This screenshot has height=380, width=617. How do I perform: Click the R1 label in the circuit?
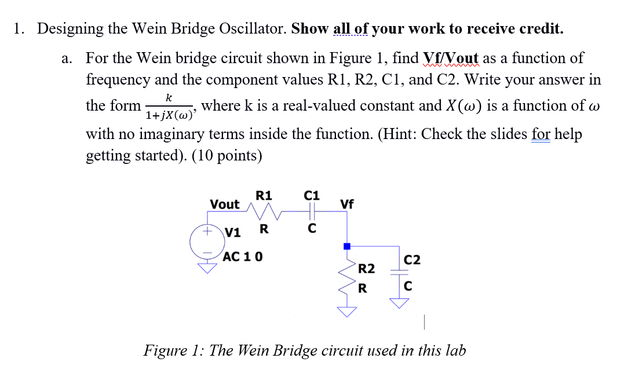(x=264, y=195)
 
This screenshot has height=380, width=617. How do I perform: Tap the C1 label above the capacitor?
(x=312, y=195)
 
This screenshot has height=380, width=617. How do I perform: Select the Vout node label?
(x=225, y=204)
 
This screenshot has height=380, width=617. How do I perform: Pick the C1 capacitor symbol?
(x=312, y=212)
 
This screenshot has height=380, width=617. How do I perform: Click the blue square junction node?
(x=347, y=246)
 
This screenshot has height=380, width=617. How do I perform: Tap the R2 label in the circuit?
(x=366, y=269)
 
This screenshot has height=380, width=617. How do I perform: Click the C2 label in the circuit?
(x=411, y=260)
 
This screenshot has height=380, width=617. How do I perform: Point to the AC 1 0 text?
(x=243, y=256)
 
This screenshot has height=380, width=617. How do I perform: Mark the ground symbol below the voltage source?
(x=206, y=268)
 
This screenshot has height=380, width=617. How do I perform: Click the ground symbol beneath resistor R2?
(x=347, y=312)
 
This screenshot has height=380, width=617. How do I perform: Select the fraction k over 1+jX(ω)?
(x=169, y=107)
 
